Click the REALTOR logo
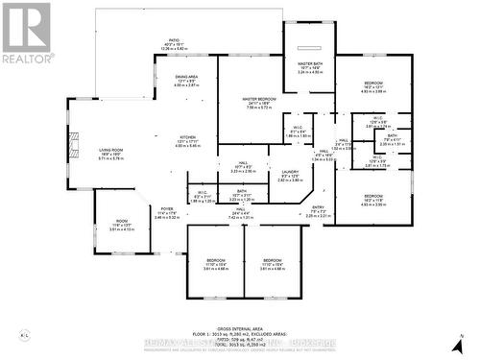click(26, 33)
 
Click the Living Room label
click(91, 155)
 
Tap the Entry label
click(318, 210)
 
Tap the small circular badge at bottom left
click(22, 335)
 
